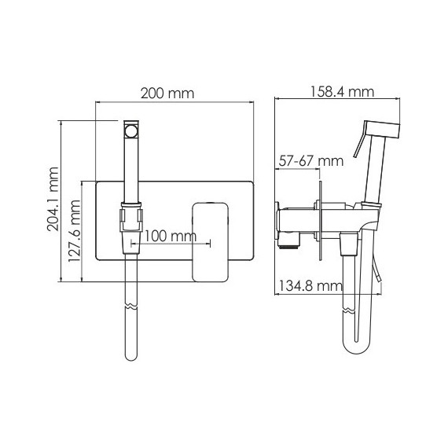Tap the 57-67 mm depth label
tap(311, 161)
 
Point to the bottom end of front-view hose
tap(131, 358)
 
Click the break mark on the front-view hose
tap(131, 303)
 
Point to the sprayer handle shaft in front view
tap(131, 169)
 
